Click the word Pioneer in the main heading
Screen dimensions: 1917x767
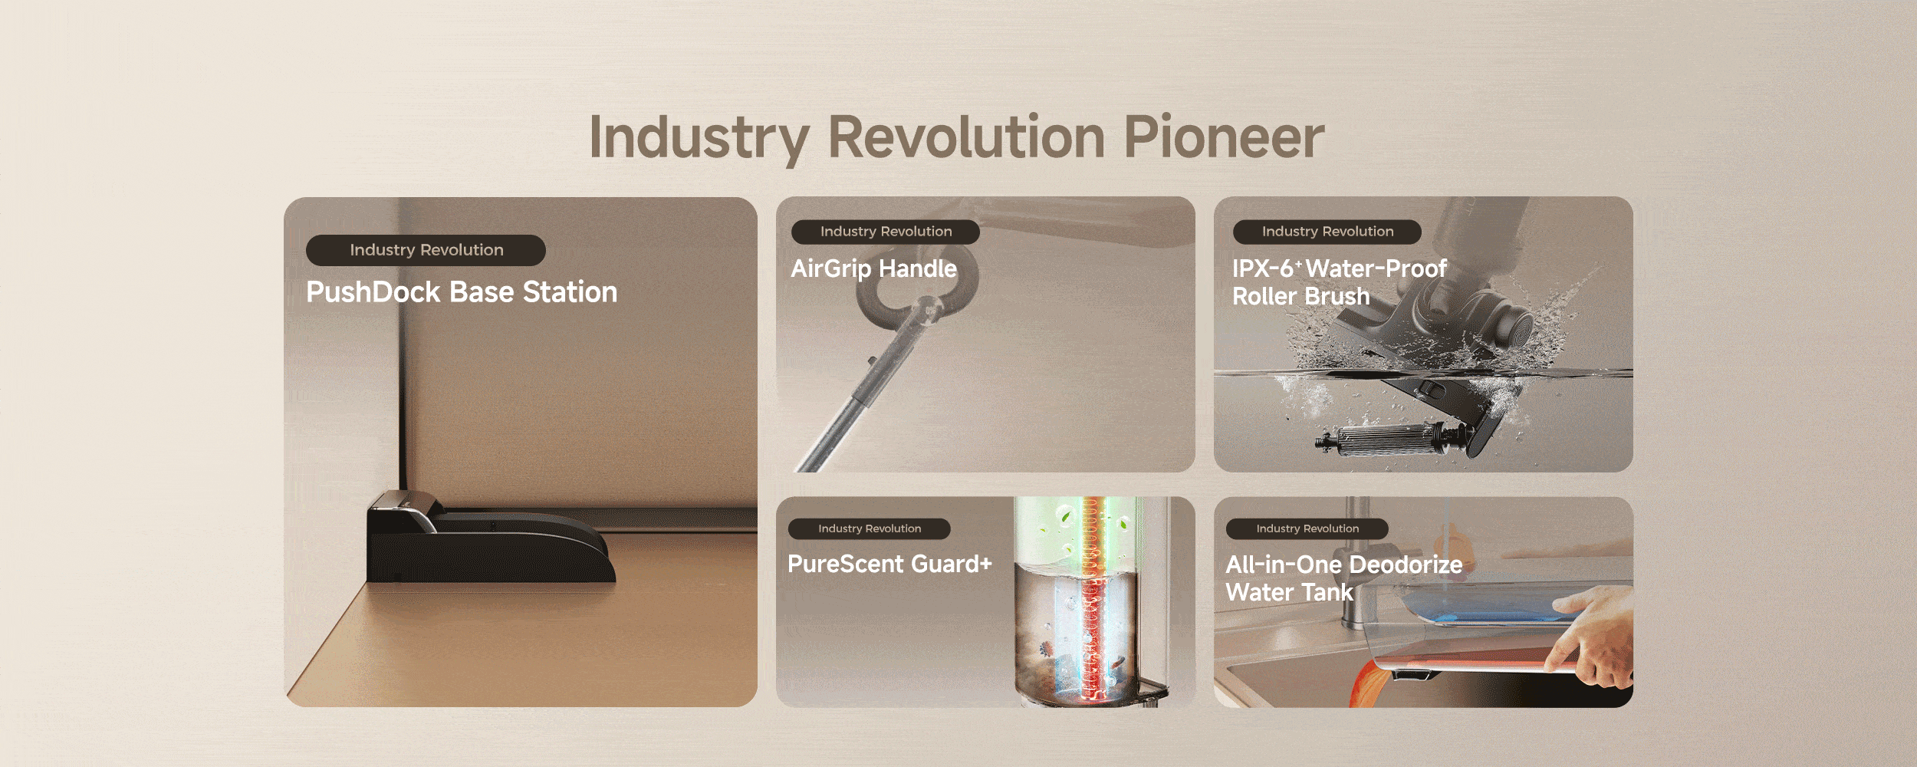(1224, 138)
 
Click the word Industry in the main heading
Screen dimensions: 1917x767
(699, 138)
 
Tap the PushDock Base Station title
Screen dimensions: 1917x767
(462, 292)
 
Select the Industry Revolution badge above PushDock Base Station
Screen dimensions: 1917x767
(426, 250)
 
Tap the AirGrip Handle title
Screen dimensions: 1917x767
(873, 268)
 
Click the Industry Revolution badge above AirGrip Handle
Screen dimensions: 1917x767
(885, 232)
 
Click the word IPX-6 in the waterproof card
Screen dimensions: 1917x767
(1263, 268)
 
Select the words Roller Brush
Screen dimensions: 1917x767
(1300, 296)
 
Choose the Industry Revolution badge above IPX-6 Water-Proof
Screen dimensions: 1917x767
(1327, 232)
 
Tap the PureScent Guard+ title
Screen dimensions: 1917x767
(889, 564)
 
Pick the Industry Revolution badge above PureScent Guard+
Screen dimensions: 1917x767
(869, 528)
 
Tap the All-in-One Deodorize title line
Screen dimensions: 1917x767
(1343, 565)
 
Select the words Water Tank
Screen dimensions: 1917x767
(1289, 592)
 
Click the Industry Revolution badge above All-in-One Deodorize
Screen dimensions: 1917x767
(1307, 528)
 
